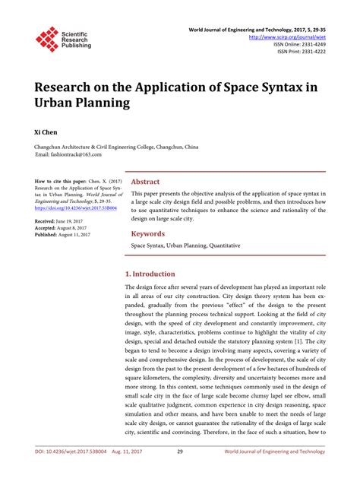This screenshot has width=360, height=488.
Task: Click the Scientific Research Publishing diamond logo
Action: tap(47, 39)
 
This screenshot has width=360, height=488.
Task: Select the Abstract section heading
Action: tap(146, 182)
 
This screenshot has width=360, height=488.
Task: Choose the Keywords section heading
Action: tap(149, 233)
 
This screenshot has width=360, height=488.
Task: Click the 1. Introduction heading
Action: tap(150, 274)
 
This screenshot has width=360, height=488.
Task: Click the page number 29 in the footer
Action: tap(180, 472)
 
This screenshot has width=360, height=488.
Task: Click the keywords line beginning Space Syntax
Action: tap(175, 246)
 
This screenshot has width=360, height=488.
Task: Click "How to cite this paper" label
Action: tap(58, 183)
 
